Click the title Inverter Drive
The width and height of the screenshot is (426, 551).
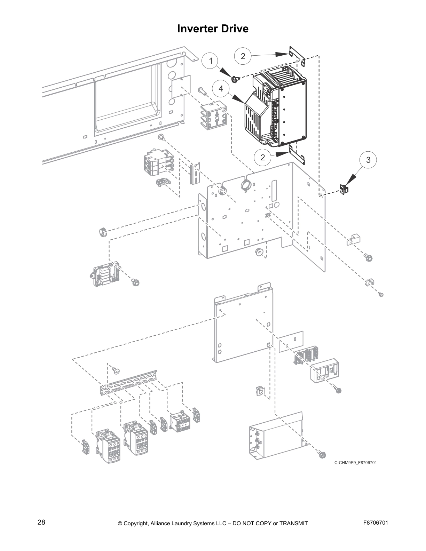click(x=213, y=29)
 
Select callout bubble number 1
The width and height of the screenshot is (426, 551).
click(x=210, y=61)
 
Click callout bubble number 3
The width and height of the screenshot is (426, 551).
click(x=368, y=160)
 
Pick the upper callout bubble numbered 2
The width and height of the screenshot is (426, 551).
click(x=243, y=56)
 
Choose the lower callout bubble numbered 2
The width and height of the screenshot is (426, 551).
click(x=262, y=157)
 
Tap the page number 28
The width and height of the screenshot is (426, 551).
click(x=41, y=522)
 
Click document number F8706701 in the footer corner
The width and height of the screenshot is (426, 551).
click(x=375, y=523)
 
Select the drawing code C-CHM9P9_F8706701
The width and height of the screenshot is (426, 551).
click(x=355, y=463)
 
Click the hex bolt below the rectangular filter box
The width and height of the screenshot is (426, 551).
click(x=322, y=454)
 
